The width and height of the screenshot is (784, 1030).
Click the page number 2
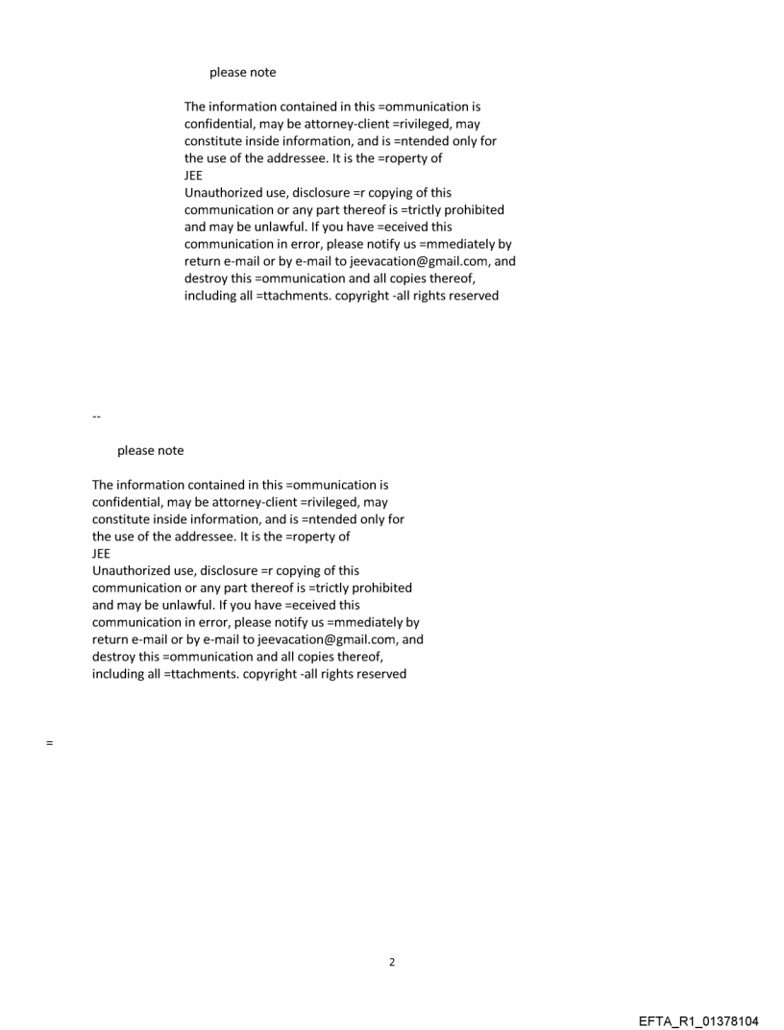pyautogui.click(x=391, y=962)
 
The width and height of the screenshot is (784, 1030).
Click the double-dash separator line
pyautogui.click(x=96, y=417)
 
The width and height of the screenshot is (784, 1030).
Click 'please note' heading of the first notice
pyautogui.click(x=242, y=73)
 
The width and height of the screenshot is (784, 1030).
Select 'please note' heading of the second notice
pyautogui.click(x=150, y=451)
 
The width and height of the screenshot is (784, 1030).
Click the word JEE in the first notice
pyautogui.click(x=194, y=176)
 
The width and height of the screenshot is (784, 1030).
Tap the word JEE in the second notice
pyautogui.click(x=102, y=554)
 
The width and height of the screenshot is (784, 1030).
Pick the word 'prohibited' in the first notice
pyautogui.click(x=473, y=210)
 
